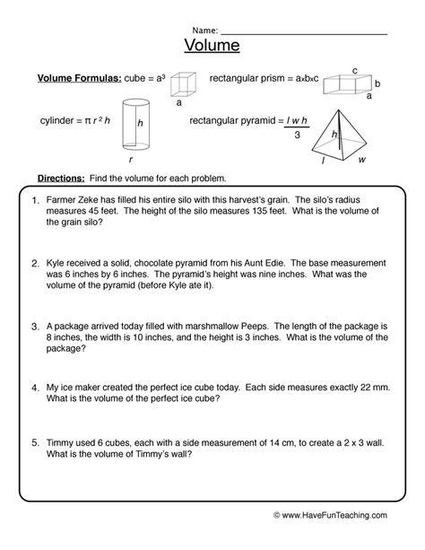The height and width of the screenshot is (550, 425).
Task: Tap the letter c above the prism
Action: point(355,69)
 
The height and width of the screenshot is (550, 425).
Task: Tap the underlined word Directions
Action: point(62,178)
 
